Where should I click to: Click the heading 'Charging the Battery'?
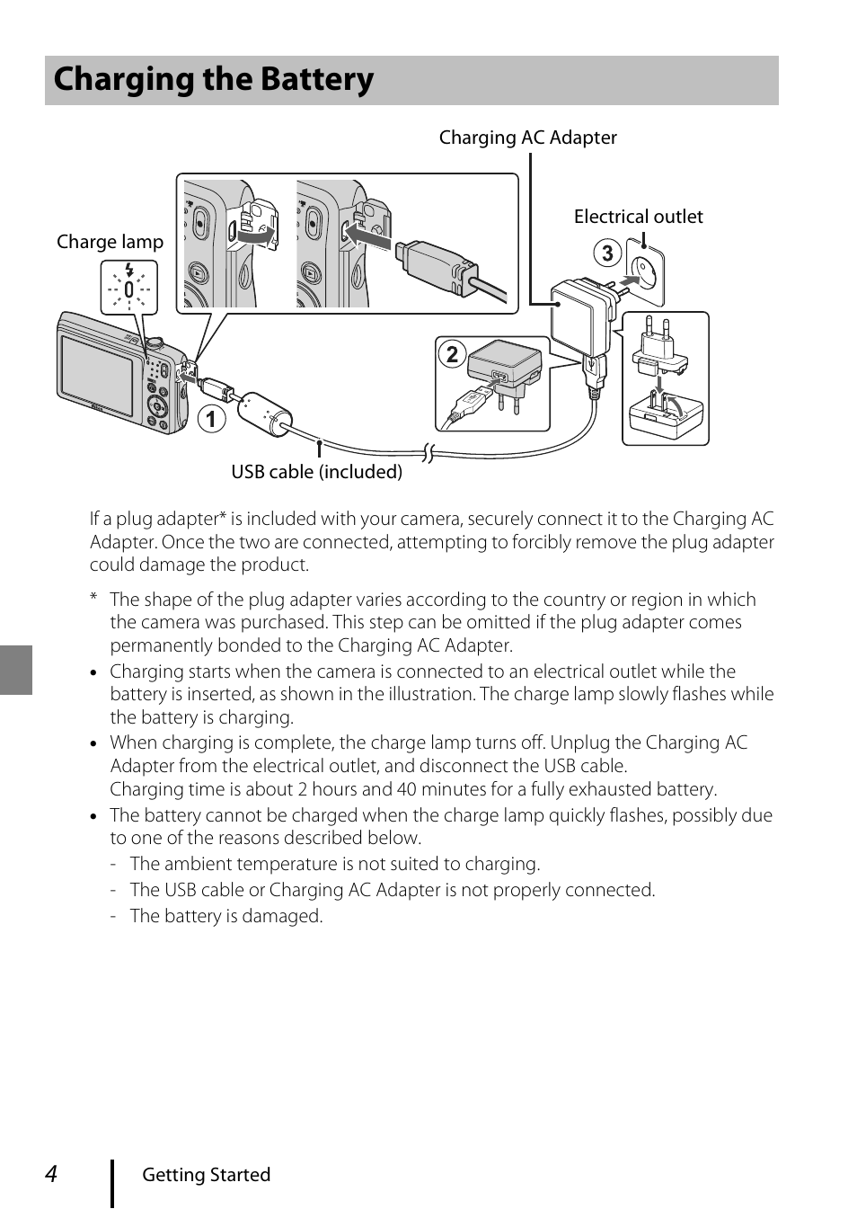[214, 80]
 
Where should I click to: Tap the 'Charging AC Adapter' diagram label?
[527, 138]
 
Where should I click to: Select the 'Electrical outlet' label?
[638, 217]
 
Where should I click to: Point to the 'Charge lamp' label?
[110, 242]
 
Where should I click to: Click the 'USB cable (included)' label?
[316, 472]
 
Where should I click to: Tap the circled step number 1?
[212, 419]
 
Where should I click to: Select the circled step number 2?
[452, 354]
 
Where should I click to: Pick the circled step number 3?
[607, 253]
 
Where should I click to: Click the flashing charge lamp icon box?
[129, 288]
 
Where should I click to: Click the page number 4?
[52, 1174]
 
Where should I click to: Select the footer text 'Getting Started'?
[206, 1175]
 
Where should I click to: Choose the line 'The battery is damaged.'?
[225, 917]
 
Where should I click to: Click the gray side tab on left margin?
[16, 670]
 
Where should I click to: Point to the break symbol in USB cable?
[428, 452]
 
